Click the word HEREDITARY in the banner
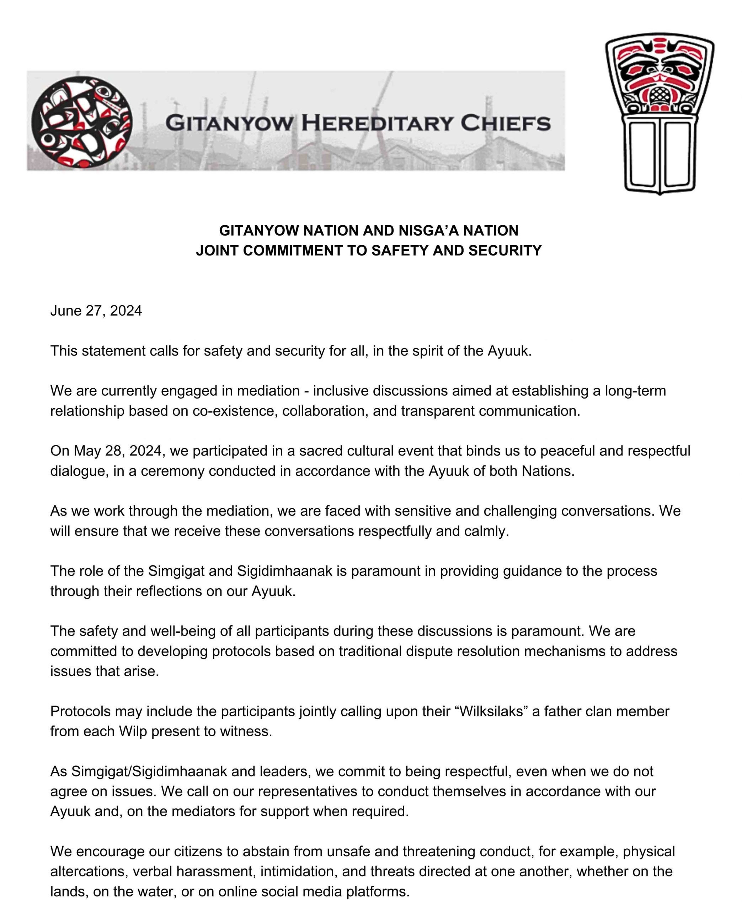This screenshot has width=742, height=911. point(377,123)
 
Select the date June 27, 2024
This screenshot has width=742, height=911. point(96,311)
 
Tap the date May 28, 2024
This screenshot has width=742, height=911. point(118,451)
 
